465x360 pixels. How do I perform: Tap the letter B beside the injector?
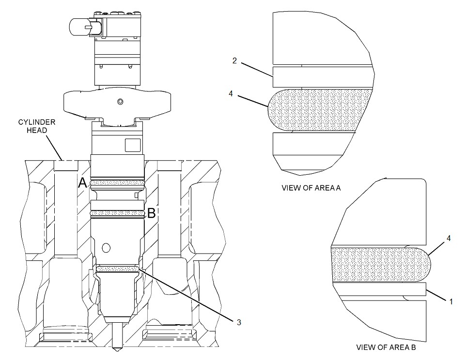pos(151,213)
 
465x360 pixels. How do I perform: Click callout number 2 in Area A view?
pos(234,60)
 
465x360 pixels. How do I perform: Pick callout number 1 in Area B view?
pos(451,301)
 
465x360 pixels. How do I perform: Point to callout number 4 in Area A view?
pos(231,94)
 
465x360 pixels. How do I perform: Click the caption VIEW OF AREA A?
pos(311,188)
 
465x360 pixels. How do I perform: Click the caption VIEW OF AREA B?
pos(386,347)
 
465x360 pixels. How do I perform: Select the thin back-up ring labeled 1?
pos(378,289)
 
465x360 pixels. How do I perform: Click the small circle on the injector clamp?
pos(119,101)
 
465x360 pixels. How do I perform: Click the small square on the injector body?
pos(132,146)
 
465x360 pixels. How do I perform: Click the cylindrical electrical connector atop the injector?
pos(79,28)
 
